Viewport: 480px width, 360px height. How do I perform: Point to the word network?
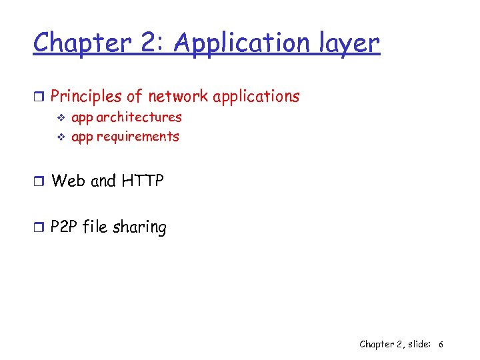(x=178, y=97)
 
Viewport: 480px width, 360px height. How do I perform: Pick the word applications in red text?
(x=256, y=97)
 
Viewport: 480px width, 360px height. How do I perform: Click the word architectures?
(x=139, y=117)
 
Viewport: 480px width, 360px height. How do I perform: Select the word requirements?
(x=137, y=137)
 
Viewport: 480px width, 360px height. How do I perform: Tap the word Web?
(x=68, y=181)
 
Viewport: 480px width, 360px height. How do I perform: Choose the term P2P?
(x=65, y=227)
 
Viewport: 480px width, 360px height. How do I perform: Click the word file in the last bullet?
(x=97, y=227)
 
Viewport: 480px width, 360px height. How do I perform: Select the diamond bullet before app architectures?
(x=59, y=118)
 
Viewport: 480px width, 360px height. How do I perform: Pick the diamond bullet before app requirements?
(x=59, y=137)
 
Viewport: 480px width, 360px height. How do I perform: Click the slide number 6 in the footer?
(x=441, y=344)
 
